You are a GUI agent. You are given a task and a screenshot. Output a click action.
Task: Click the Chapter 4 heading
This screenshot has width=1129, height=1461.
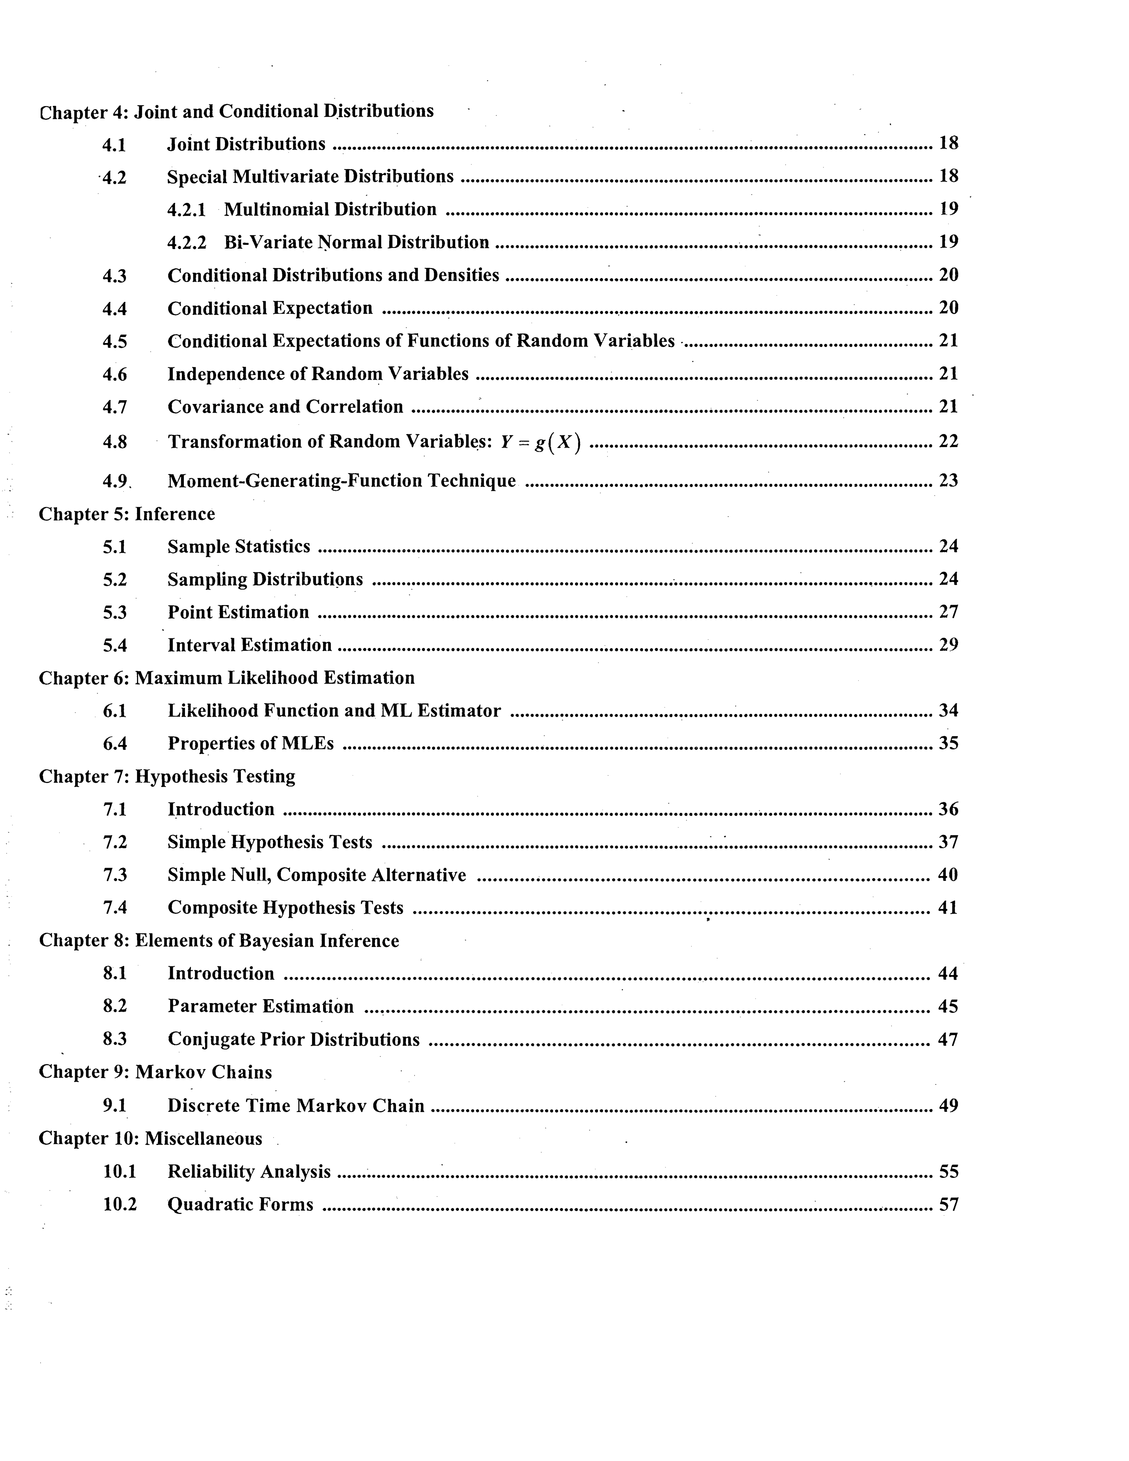(236, 111)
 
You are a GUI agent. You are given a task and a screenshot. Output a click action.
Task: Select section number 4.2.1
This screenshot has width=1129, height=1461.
(186, 210)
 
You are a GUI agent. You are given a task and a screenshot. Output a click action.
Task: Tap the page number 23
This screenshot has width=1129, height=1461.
(948, 480)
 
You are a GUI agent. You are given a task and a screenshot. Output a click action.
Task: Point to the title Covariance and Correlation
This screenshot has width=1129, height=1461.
(285, 407)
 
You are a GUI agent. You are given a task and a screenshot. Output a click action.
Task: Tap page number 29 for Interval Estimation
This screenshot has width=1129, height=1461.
(948, 645)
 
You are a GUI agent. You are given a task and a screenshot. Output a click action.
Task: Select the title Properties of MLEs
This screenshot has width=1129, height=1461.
(250, 743)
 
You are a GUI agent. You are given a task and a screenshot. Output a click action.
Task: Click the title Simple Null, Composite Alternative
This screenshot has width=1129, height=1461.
(316, 875)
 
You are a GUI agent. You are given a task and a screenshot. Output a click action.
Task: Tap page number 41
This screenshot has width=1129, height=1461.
(948, 908)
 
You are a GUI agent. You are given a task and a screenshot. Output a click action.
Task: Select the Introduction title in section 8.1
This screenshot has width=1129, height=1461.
(221, 973)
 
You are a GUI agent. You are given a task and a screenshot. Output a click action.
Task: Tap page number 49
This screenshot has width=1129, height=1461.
(948, 1105)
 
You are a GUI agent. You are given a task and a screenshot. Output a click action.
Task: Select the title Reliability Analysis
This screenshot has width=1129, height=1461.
(249, 1172)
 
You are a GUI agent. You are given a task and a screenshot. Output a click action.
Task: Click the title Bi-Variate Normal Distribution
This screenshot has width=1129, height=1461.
(356, 242)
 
